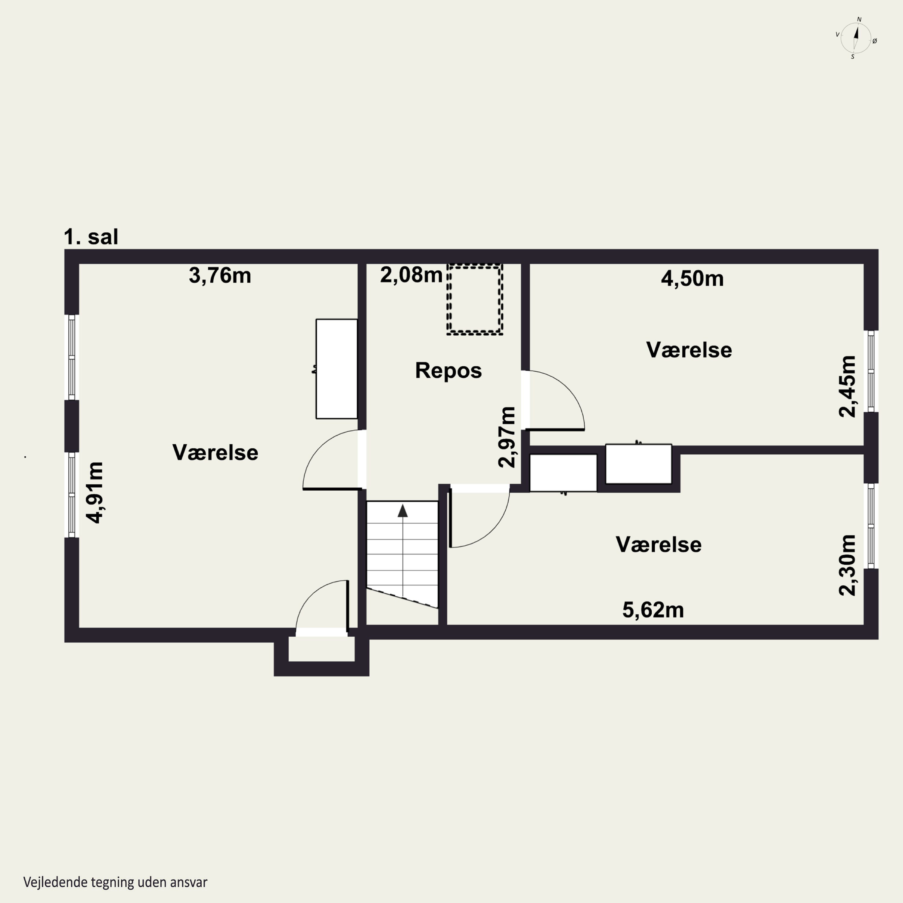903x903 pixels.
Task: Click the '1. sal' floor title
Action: (91, 237)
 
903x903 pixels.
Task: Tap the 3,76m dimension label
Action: (220, 276)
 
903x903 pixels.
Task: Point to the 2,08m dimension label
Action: (411, 275)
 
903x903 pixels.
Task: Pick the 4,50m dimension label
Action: (692, 278)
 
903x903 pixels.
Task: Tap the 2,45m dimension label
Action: (847, 386)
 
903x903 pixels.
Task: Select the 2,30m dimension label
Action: (847, 565)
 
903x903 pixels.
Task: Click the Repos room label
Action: (448, 371)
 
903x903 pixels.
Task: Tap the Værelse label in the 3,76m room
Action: (216, 452)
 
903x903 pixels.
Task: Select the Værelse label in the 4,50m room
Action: (689, 350)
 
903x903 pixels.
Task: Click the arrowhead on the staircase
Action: (402, 511)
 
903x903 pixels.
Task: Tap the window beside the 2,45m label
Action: (871, 371)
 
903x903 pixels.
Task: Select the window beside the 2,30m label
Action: (871, 526)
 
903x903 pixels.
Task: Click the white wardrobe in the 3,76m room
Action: (337, 369)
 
